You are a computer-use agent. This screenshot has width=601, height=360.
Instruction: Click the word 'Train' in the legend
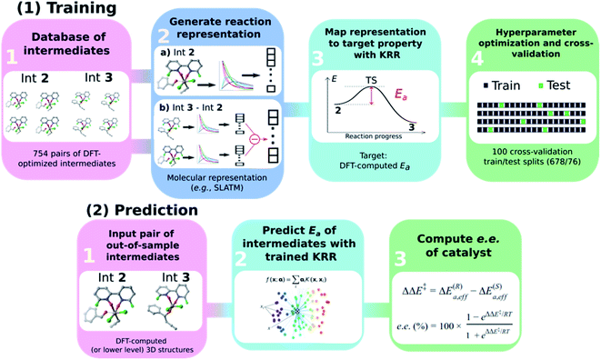(504, 86)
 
